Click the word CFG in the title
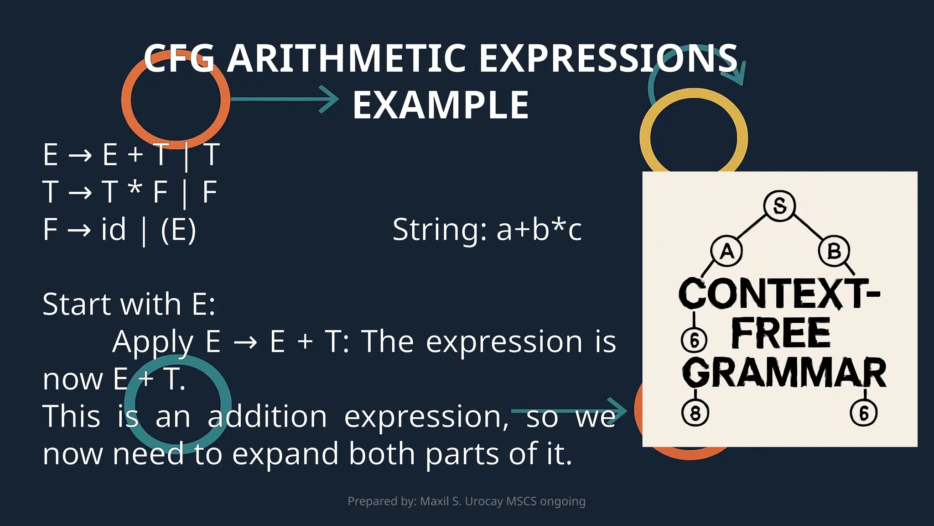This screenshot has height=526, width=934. pos(179,58)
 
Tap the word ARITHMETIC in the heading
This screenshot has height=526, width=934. pos(347,58)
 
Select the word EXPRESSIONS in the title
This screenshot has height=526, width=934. pos(608,58)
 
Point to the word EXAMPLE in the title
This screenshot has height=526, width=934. pos(441,105)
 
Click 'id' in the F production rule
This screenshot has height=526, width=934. pos(113,229)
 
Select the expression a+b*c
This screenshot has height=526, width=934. pos(539,229)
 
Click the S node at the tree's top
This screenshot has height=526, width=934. pos(779,206)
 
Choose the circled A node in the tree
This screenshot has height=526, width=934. pos(726,251)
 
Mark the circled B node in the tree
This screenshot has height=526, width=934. pos(834,251)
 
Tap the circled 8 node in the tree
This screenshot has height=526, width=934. pos(695,413)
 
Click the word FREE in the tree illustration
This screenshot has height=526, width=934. pos(781,333)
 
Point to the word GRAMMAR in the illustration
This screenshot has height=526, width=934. pos(784,373)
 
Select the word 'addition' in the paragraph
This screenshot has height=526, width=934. pos(267,416)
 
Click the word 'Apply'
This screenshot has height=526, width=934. pos(153,342)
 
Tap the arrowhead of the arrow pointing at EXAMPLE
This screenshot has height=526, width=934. pos(331,99)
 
